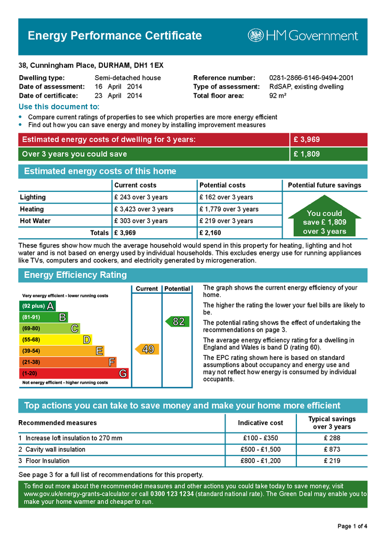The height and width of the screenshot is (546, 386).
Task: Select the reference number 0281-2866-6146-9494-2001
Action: coord(311,78)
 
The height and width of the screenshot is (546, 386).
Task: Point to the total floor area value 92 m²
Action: coord(278,96)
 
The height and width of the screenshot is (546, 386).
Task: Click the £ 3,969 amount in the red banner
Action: coord(307,140)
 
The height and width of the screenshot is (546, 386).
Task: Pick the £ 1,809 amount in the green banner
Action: coord(307,154)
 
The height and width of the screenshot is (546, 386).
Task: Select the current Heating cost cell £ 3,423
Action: coord(143,209)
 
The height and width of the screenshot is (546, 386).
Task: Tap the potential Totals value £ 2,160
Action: coord(210,232)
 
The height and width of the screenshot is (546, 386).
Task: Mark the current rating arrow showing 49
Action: coord(145,349)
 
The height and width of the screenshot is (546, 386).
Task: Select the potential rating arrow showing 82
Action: coord(175,322)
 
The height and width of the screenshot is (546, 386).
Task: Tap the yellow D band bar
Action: coord(55,340)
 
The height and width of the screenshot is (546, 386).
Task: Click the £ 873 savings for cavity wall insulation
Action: coord(332,449)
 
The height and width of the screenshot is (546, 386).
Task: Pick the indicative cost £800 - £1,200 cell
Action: coord(260,461)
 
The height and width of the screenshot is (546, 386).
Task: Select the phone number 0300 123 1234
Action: coord(172,494)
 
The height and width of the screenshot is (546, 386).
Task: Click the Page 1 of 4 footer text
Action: coord(352,526)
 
